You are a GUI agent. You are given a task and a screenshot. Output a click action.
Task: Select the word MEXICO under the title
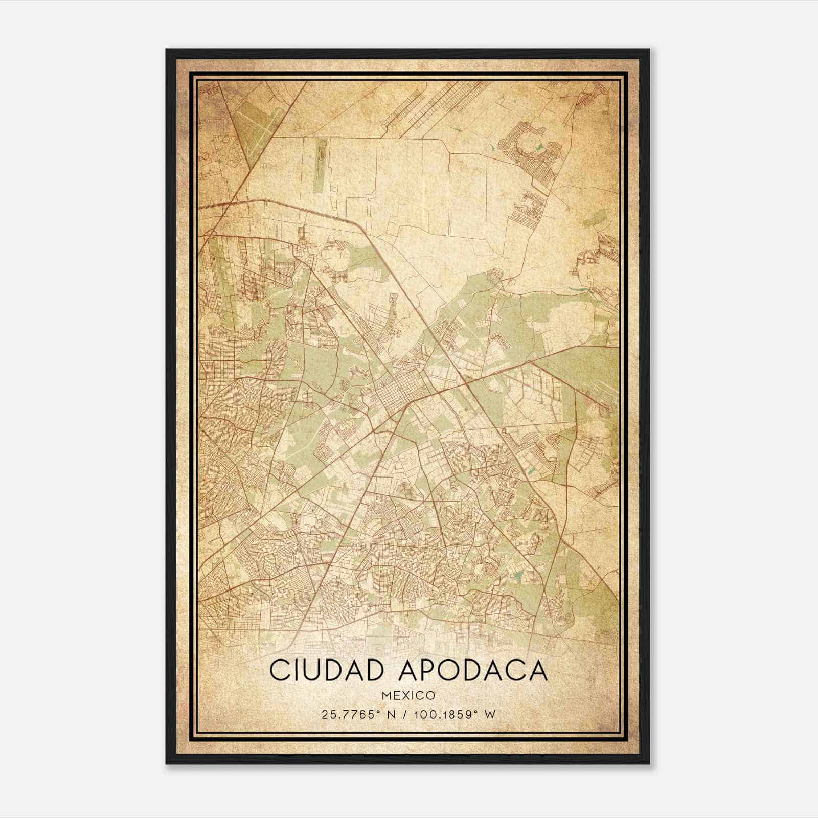pos(408,696)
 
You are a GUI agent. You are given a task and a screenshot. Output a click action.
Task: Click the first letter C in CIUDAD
pos(279,670)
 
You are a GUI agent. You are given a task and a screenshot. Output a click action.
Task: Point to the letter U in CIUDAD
pos(316,670)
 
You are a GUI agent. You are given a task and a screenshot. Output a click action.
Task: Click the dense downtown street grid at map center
pos(396,394)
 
